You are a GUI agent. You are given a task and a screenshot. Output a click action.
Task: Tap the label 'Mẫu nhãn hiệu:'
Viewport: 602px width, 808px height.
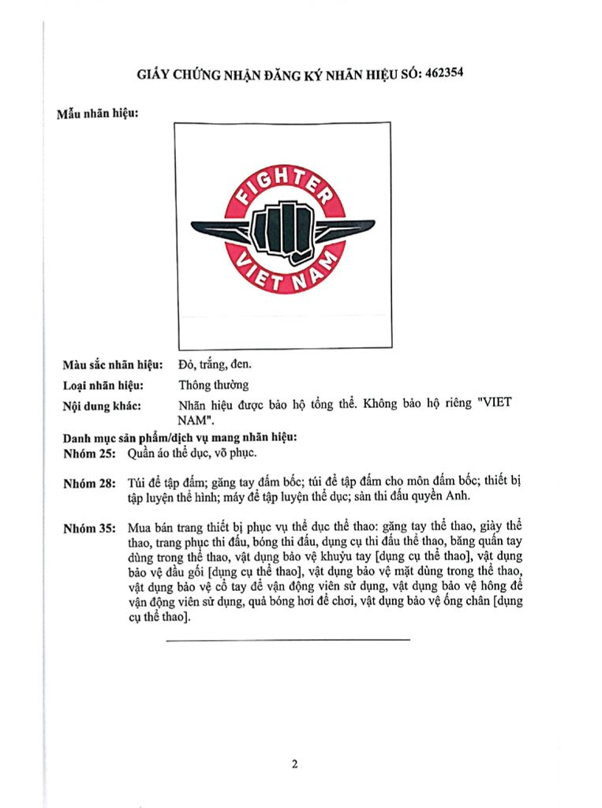tap(98, 114)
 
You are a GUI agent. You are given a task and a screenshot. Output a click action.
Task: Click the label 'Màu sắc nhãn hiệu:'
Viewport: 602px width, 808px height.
tap(113, 365)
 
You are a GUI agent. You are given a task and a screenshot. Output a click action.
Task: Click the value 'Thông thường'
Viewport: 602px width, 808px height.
tap(214, 386)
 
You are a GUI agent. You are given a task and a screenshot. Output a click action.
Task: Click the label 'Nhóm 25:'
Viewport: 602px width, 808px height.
tap(89, 454)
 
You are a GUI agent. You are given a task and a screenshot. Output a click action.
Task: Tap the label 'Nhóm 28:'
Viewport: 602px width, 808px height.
tap(89, 483)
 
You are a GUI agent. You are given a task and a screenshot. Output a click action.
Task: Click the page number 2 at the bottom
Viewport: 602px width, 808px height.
tap(295, 764)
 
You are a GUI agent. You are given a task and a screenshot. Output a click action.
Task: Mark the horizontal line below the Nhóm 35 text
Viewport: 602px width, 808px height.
tap(288, 638)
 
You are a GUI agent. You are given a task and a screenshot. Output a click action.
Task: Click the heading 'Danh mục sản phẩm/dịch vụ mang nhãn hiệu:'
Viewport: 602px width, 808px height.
tap(179, 438)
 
